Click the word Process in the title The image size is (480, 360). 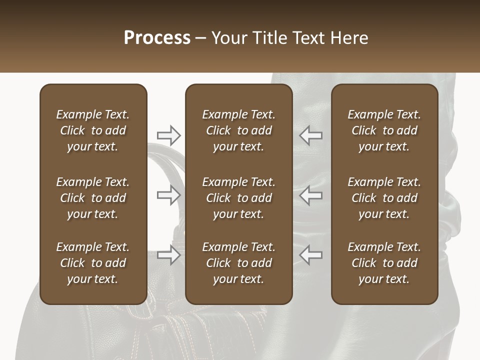pos(157,38)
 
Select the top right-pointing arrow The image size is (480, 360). pos(169,135)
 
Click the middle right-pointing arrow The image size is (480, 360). pos(169,195)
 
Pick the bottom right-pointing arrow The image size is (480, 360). pos(169,255)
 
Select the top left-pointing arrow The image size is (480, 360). pos(311,135)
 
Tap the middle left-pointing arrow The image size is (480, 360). pos(311,195)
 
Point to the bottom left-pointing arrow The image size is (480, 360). pos(311,255)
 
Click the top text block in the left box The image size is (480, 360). pos(93,130)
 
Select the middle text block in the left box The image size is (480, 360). pos(93,198)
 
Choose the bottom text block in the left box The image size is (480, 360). pos(93,263)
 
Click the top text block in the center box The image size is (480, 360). pos(238,130)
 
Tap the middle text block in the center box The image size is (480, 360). pos(238,198)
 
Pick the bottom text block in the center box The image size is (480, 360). pos(238,263)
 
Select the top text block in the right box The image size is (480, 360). pos(384,130)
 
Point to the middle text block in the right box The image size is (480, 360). pos(384,198)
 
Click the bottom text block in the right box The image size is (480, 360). pos(384,263)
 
